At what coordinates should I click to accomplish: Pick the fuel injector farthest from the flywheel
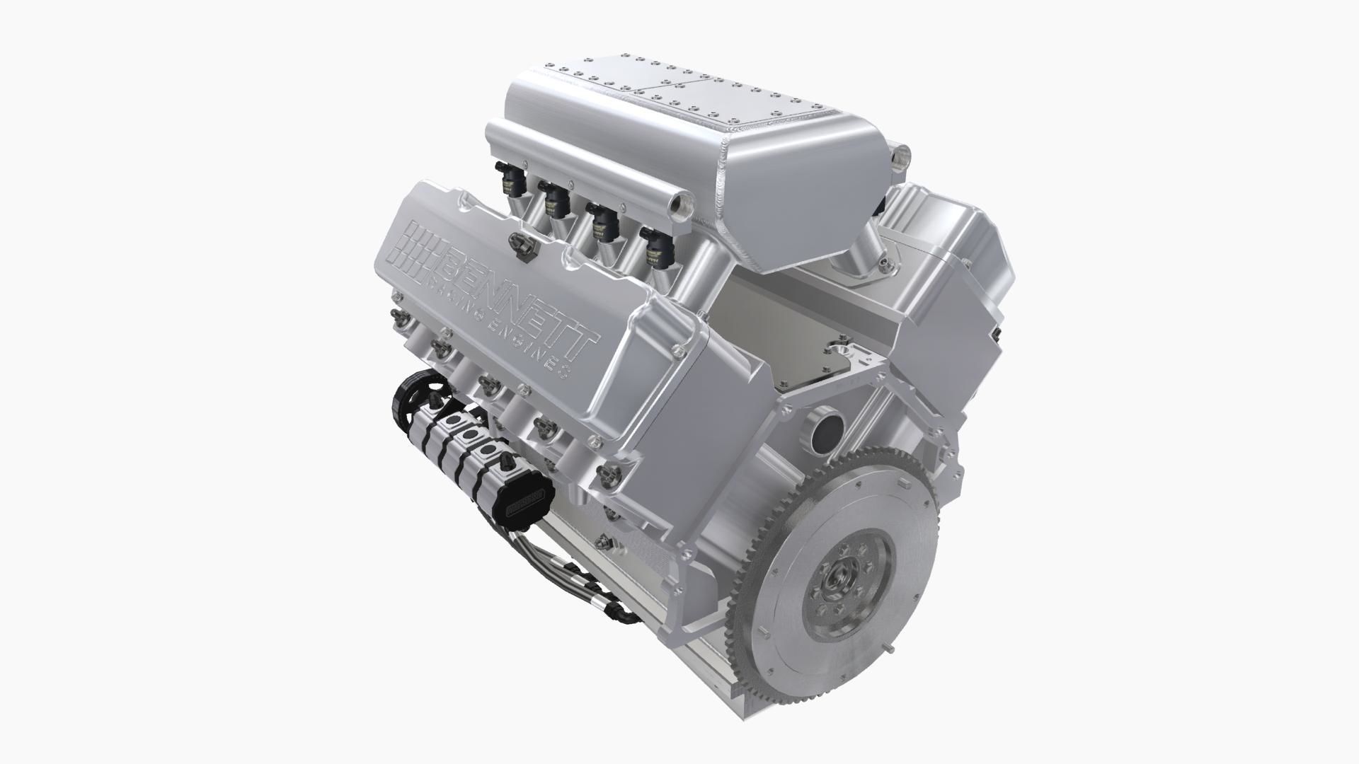[x=508, y=180]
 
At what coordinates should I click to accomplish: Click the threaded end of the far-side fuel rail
[x=902, y=152]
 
